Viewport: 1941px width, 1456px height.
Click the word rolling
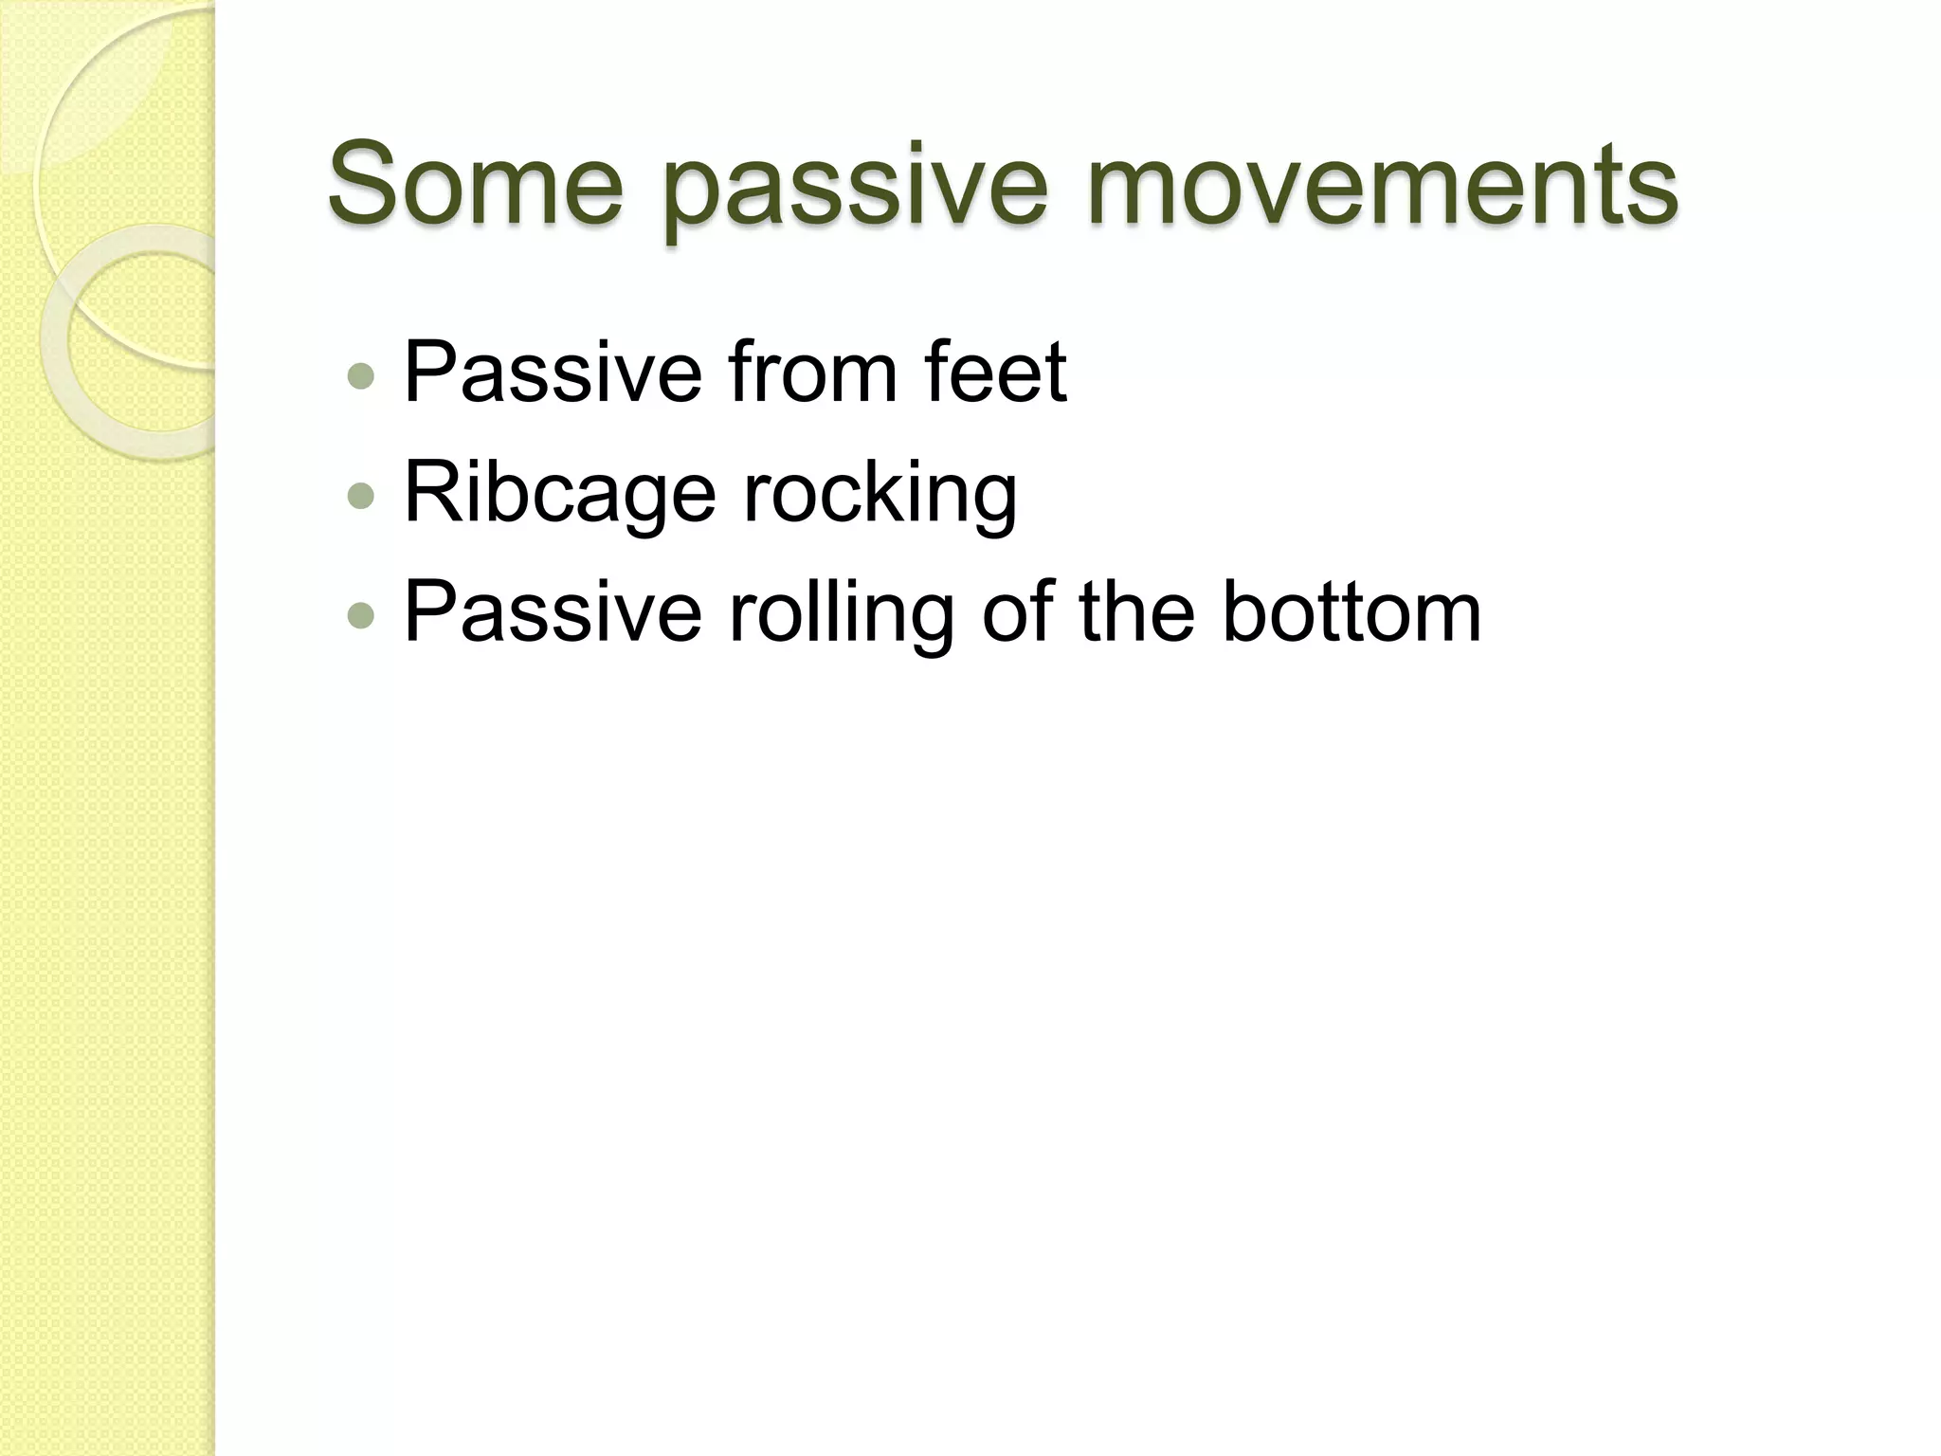tap(840, 616)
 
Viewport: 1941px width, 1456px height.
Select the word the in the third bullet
tap(1136, 612)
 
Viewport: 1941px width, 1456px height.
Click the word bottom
tap(1351, 612)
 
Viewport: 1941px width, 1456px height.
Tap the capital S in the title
tap(361, 182)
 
